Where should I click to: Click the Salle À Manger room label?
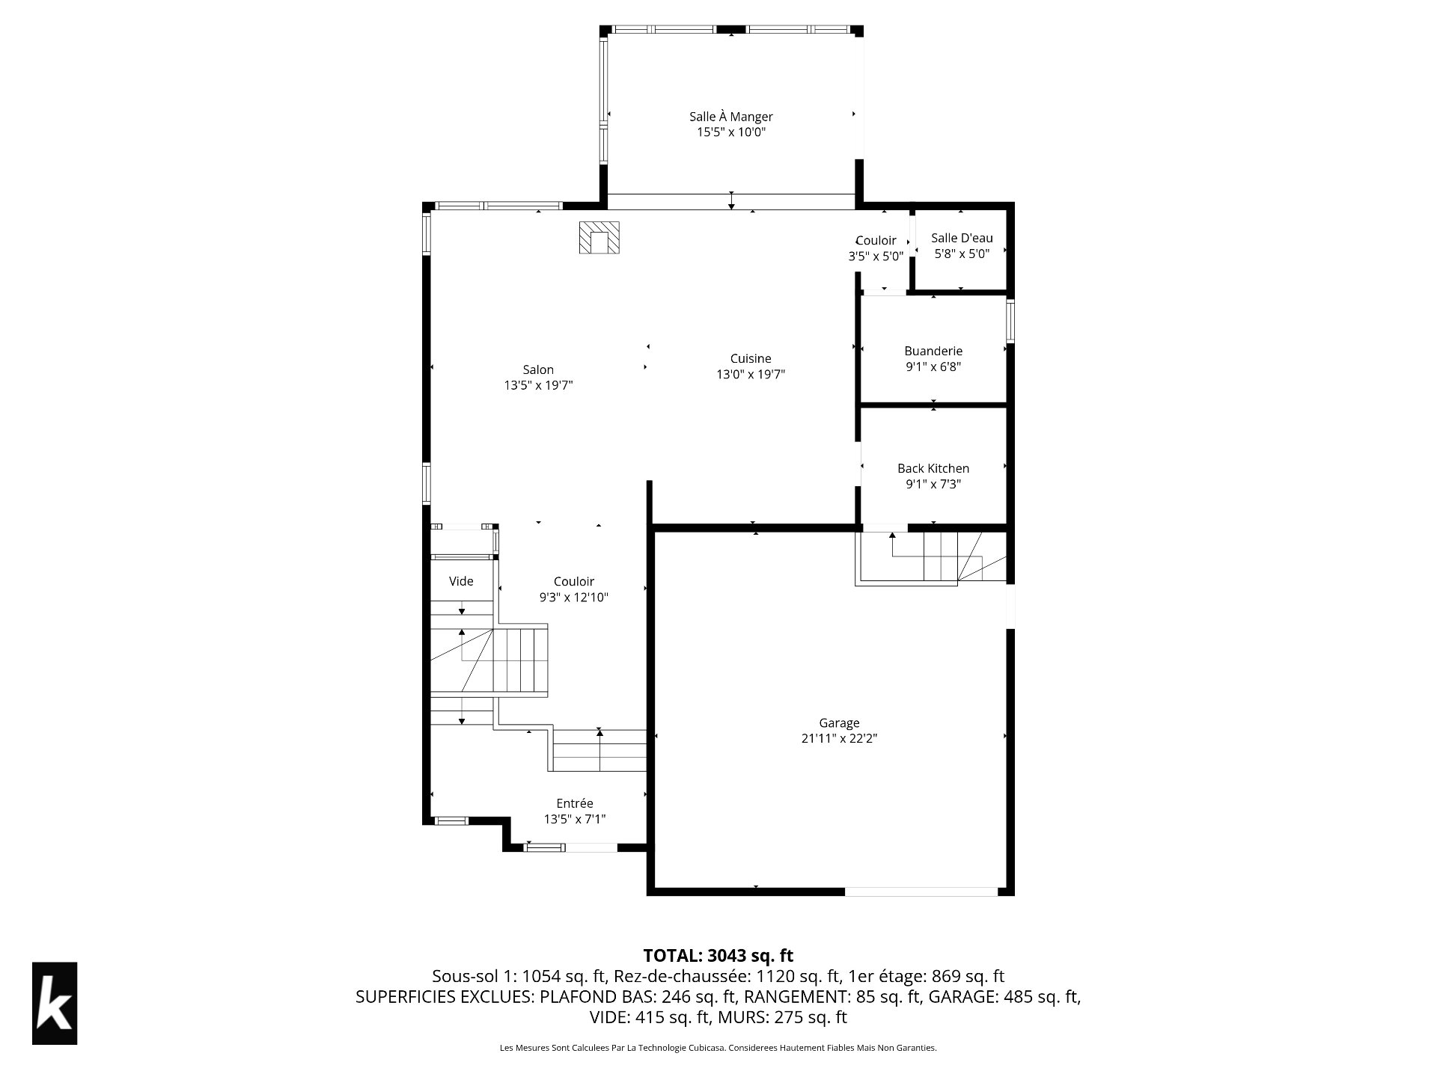coord(730,117)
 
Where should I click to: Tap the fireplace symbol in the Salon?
coord(599,238)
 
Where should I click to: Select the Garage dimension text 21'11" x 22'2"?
coord(839,739)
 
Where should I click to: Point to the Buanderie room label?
coord(933,351)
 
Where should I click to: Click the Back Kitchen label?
coord(933,468)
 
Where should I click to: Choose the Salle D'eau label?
coord(962,238)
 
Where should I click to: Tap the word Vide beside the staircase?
coord(461,581)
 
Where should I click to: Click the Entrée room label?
coord(575,803)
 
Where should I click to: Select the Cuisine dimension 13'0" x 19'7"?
coord(751,375)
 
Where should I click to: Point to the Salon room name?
coord(538,369)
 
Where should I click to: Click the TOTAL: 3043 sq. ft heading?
coord(718,955)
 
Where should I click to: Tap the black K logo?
coord(55,1003)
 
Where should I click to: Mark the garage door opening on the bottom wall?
coord(921,891)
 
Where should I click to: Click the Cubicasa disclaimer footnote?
coord(718,1048)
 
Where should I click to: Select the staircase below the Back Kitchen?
coord(931,557)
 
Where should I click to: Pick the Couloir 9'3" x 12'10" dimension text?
coord(574,598)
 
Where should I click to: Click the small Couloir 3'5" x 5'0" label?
coord(876,248)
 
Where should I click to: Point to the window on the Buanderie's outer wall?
coord(1010,322)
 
